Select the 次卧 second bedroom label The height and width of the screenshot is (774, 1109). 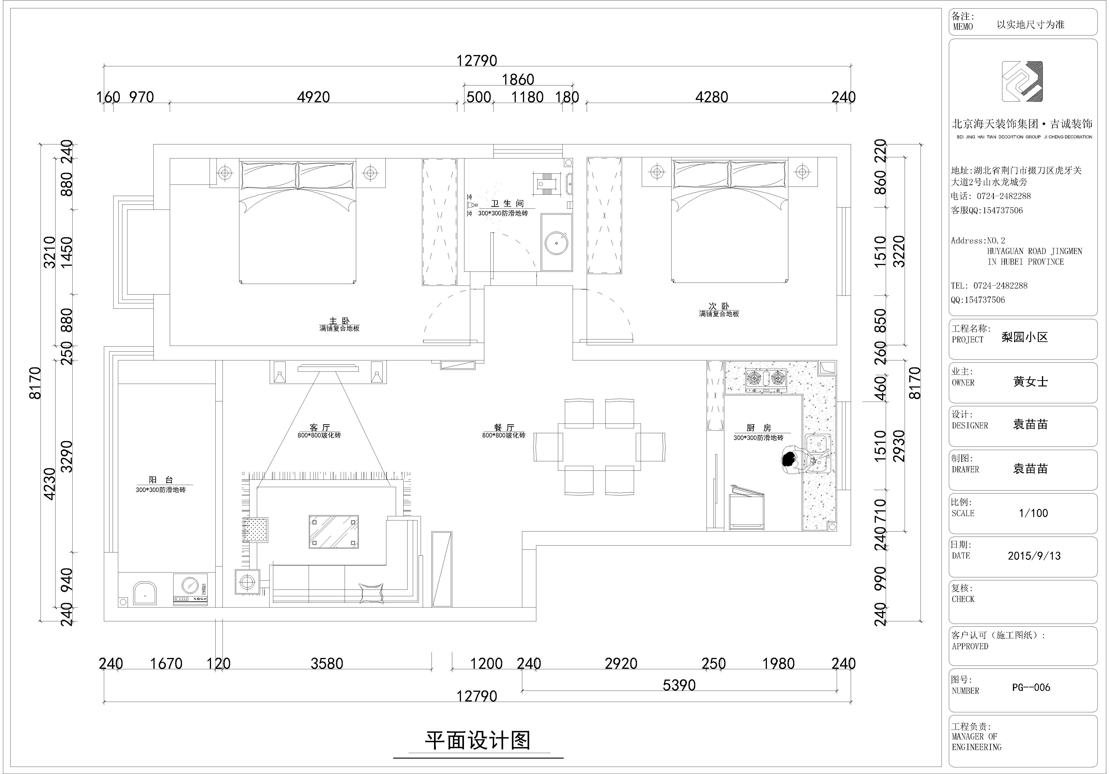[719, 306]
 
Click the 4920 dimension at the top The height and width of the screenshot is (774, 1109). [314, 97]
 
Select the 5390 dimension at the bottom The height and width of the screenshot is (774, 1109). [679, 685]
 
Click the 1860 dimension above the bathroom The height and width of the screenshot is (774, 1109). [518, 80]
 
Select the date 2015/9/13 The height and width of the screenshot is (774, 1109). [1034, 556]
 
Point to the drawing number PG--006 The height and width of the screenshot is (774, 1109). [1031, 687]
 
